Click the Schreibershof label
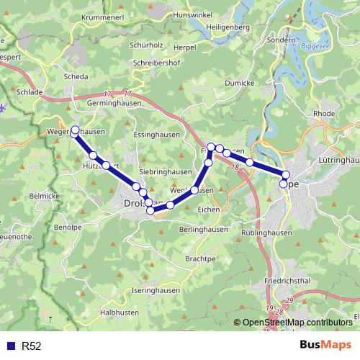(157, 63)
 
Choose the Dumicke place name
(240, 84)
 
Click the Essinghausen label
(156, 135)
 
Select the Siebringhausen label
(166, 172)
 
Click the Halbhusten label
(120, 312)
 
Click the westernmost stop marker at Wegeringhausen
(74, 131)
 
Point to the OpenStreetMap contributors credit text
(297, 323)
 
